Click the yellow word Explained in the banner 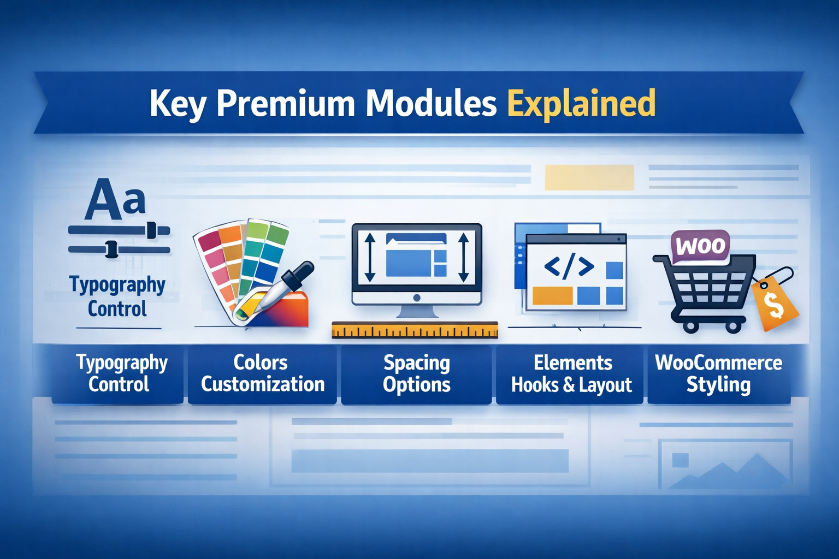coord(581,103)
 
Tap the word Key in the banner coord(178,104)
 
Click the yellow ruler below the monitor coord(415,330)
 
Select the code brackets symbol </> coord(569,266)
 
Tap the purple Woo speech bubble coord(700,246)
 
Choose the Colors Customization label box coord(262,374)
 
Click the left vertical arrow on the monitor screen coord(370,257)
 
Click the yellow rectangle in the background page coord(589,177)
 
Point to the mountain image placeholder coord(725,465)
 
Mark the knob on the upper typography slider coord(151,230)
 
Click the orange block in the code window coord(552,296)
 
